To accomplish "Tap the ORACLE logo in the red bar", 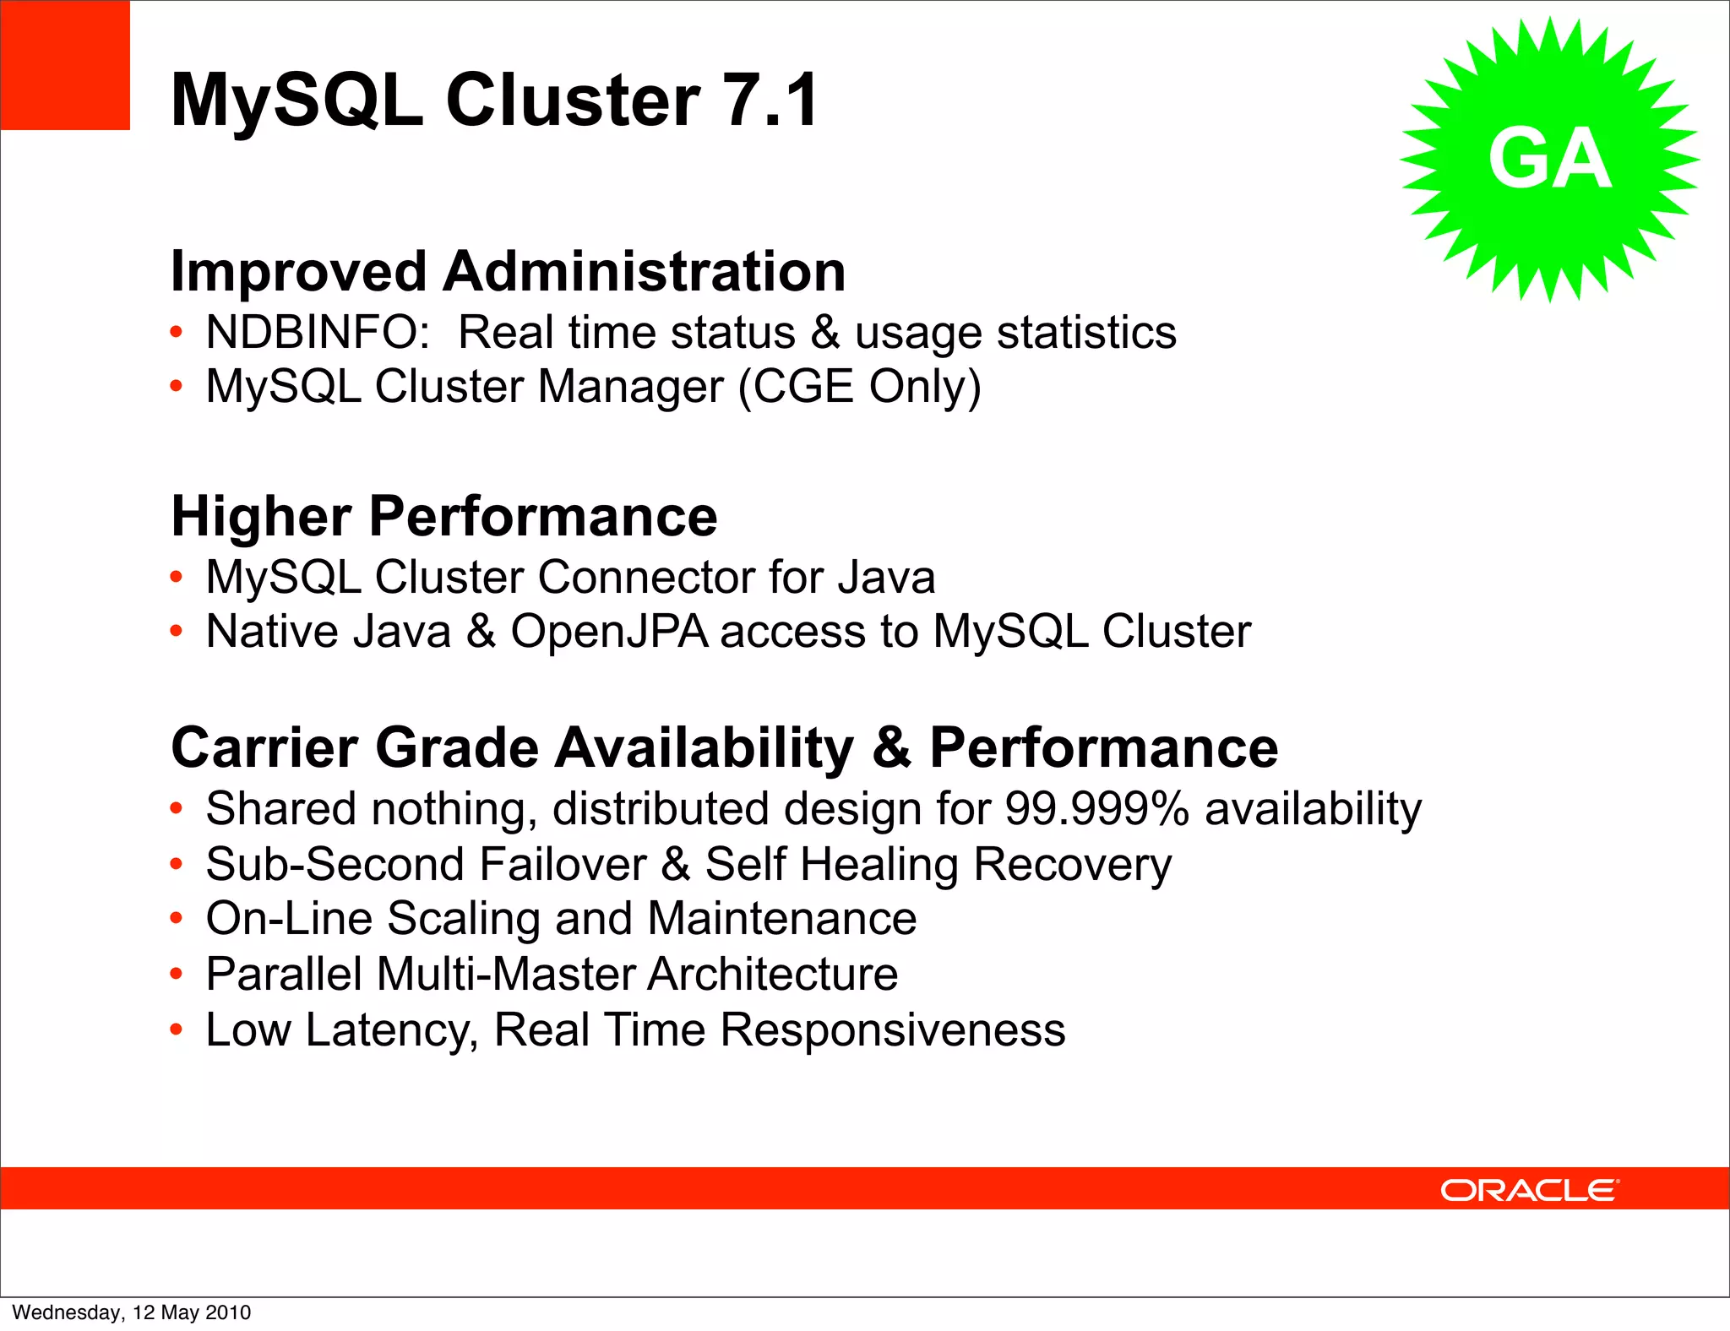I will pos(1529,1190).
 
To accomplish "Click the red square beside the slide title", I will pos(65,65).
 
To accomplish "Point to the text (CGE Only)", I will pos(859,387).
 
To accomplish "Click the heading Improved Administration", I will pos(508,272).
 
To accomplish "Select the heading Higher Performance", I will pos(444,516).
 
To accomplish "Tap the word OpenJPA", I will pos(609,632).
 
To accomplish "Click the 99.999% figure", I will pos(1096,809).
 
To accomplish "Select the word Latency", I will pos(392,1030).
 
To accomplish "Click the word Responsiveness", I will pos(892,1030).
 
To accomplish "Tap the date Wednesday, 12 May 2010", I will pos(132,1312).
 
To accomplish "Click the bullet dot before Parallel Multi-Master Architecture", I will pos(176,975).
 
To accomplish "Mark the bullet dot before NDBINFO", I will pos(176,332).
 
